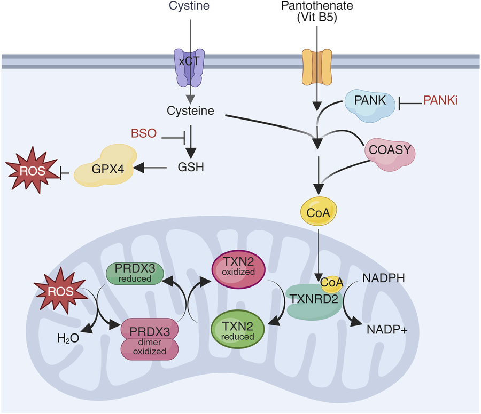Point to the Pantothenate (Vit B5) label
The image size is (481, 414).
pyautogui.click(x=317, y=11)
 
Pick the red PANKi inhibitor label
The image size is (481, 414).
pyautogui.click(x=440, y=100)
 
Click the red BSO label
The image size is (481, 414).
pyautogui.click(x=143, y=133)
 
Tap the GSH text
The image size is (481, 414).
pyautogui.click(x=190, y=168)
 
